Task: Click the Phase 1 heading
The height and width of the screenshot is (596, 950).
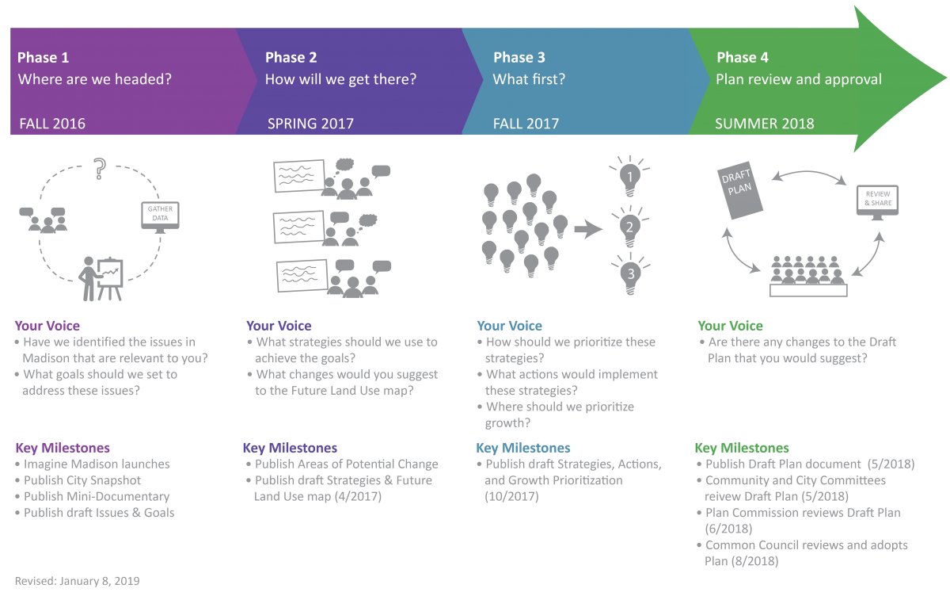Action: [44, 58]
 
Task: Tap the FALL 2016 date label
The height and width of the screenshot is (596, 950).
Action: [51, 124]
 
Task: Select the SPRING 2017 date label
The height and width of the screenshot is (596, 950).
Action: [310, 124]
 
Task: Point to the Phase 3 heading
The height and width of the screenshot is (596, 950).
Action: [519, 58]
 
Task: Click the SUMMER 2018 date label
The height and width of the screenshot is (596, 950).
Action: [764, 124]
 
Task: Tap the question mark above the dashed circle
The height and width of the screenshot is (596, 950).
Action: [100, 169]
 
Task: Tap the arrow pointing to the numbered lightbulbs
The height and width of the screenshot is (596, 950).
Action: [588, 230]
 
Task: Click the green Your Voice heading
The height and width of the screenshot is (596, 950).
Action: [730, 326]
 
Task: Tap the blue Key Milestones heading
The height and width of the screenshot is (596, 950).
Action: [522, 448]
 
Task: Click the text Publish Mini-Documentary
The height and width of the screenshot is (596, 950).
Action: [97, 496]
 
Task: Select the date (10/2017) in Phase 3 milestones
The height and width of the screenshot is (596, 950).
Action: [512, 496]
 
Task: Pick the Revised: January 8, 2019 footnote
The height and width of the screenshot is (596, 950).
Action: [78, 581]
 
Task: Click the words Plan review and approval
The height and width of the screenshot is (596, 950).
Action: [799, 79]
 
